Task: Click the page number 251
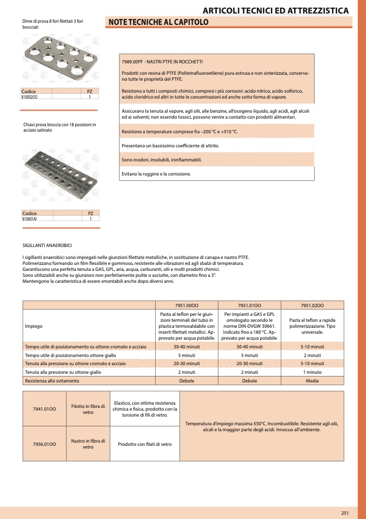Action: click(x=344, y=513)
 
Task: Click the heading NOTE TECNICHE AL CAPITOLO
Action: click(x=158, y=22)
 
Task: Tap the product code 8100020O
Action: click(x=30, y=96)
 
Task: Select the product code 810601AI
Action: click(x=30, y=219)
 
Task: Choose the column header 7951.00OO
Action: click(x=187, y=305)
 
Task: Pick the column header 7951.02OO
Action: click(x=312, y=305)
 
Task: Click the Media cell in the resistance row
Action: click(x=312, y=381)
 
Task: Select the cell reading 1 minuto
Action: click(x=312, y=372)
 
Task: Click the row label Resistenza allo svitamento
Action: click(x=52, y=381)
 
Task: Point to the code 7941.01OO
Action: click(x=44, y=408)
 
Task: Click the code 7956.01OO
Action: click(x=44, y=444)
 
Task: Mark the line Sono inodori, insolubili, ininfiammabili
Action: click(x=162, y=160)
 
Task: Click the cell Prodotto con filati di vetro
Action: click(x=144, y=444)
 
